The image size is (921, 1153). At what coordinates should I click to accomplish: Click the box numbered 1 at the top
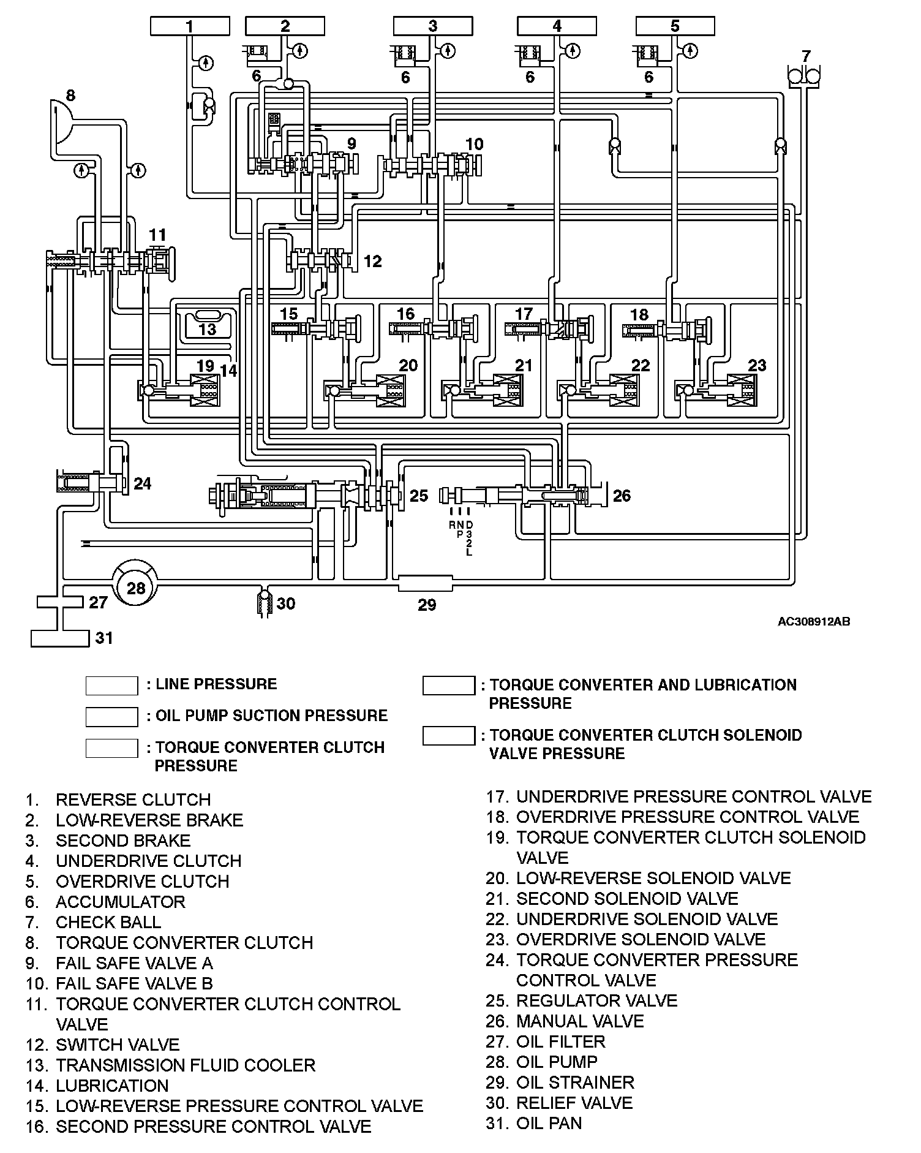(190, 26)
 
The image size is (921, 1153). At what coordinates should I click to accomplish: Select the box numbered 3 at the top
(433, 26)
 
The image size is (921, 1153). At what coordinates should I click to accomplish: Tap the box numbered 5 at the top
(675, 26)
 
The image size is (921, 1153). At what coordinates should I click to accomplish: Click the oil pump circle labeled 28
(136, 588)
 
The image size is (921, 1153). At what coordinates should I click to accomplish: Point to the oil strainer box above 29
(426, 583)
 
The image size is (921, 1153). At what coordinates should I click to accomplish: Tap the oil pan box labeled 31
(60, 638)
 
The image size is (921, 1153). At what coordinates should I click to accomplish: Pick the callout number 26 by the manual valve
(622, 495)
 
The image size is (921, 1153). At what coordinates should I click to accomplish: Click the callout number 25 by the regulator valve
(419, 495)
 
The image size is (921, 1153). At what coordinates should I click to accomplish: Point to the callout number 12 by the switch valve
(372, 261)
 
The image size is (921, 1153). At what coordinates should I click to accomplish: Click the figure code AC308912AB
(813, 622)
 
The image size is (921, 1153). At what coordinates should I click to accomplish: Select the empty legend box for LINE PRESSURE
(111, 686)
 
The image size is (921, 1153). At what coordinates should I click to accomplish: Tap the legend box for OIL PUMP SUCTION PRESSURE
(111, 716)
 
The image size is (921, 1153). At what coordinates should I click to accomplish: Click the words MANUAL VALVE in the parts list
(579, 1021)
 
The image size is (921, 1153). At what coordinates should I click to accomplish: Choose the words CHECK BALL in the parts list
(108, 922)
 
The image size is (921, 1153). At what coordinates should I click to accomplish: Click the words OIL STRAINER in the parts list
(575, 1083)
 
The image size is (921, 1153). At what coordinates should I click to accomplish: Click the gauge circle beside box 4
(573, 50)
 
